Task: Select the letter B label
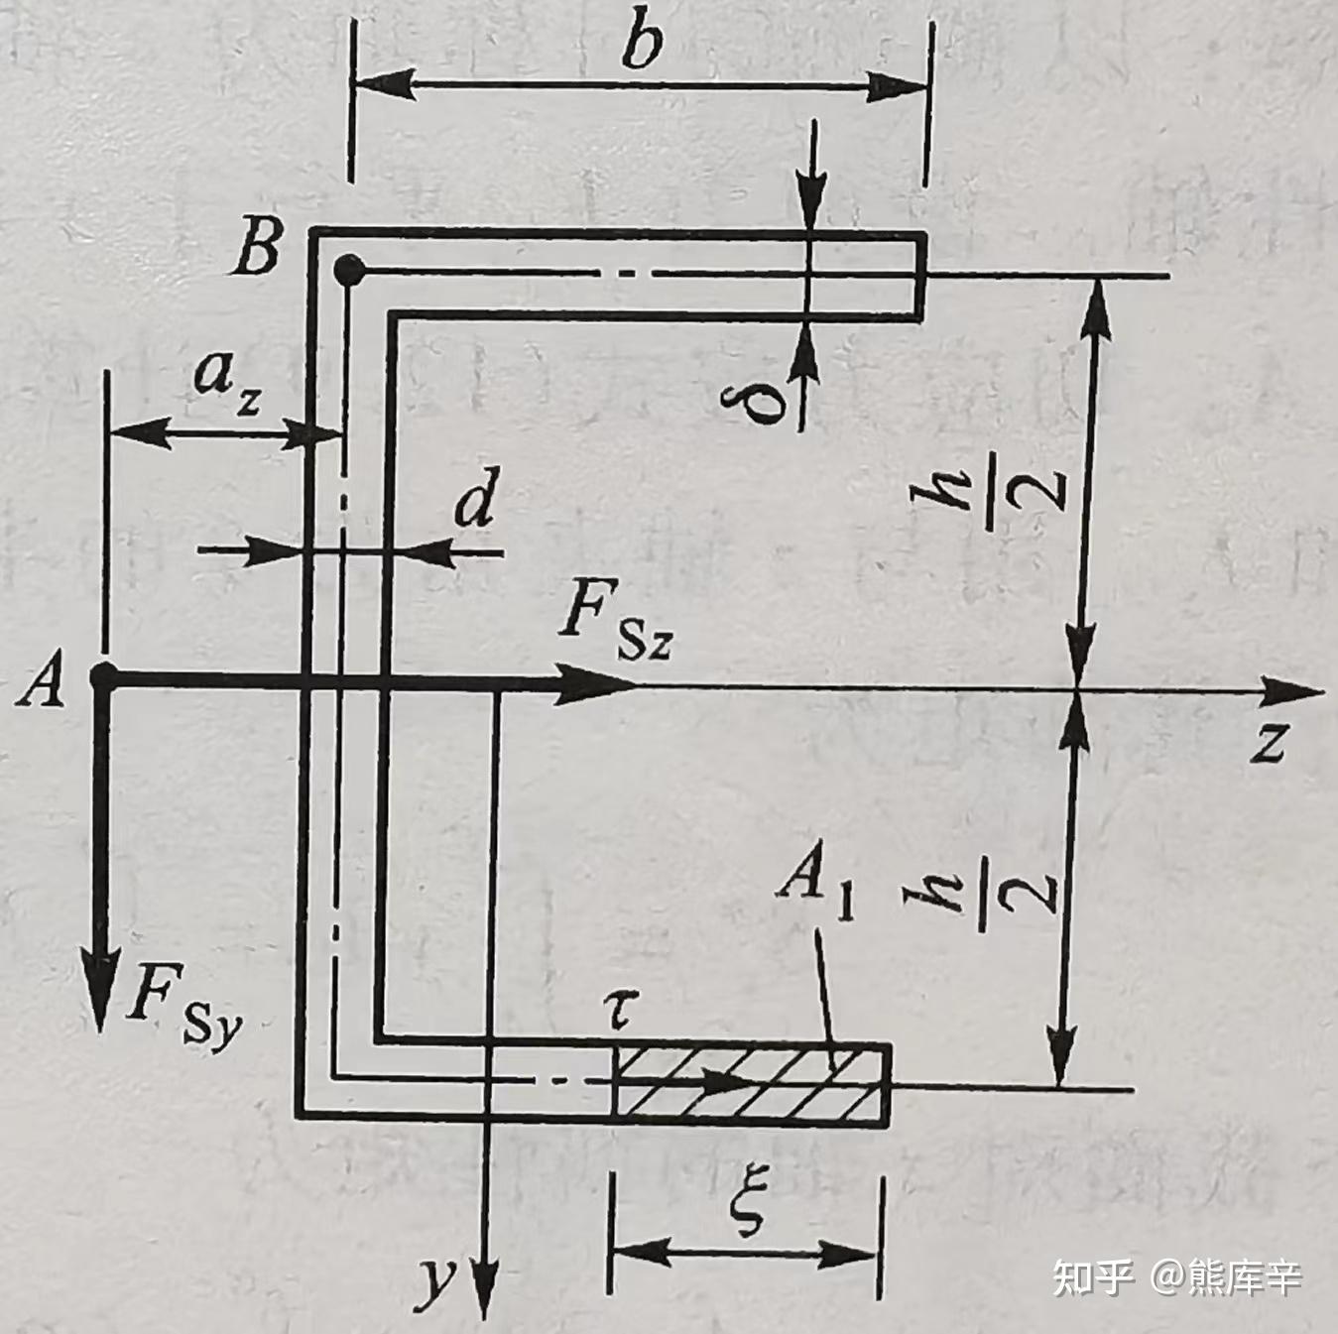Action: [258, 248]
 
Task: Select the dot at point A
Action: [101, 677]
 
